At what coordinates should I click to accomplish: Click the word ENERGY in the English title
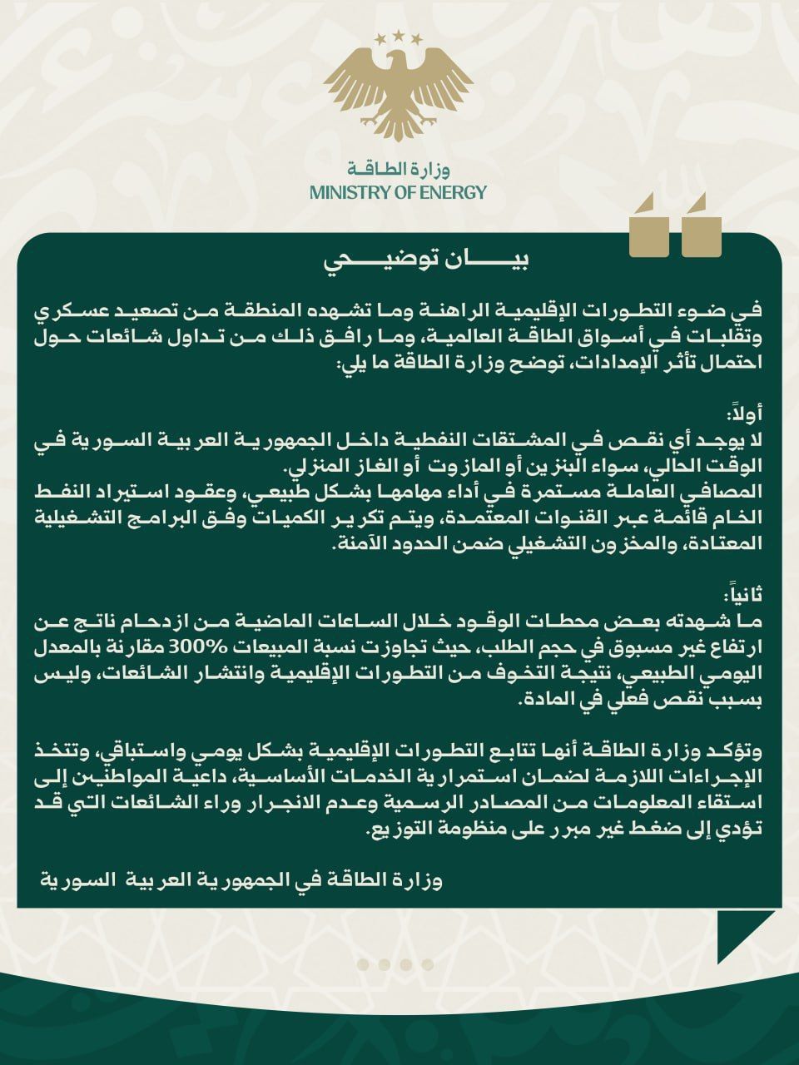pyautogui.click(x=452, y=193)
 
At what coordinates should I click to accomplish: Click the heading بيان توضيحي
pyautogui.click(x=425, y=260)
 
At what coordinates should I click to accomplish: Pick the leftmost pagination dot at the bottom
pyautogui.click(x=364, y=964)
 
